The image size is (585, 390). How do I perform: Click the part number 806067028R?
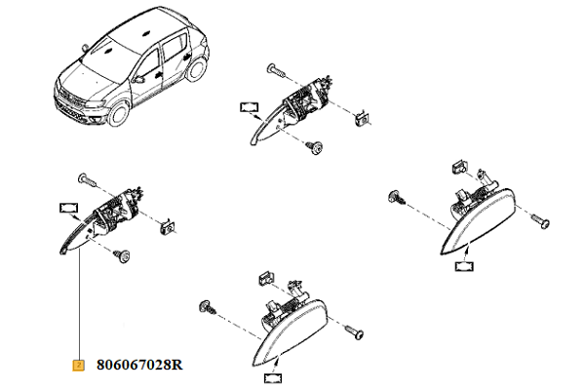coord(139,365)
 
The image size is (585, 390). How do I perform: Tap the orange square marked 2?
coord(78,365)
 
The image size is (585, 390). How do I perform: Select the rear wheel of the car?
coord(196,68)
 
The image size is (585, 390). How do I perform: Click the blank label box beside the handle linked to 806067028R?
coord(69,208)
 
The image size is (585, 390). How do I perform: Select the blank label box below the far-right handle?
coord(464,266)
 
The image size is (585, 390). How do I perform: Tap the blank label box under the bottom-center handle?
coord(273,378)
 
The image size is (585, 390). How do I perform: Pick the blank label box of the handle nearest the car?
coord(249,107)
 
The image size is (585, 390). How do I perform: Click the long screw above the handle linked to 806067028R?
coord(88,180)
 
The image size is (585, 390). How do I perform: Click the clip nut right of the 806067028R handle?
coord(168,226)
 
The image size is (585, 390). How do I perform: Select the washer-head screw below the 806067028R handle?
coord(122,256)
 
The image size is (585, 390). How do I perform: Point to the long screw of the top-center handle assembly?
coord(277,70)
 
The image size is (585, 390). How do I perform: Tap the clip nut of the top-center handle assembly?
coord(362,119)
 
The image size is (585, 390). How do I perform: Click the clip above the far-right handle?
coord(458,167)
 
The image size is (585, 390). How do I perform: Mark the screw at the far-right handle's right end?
coord(539,221)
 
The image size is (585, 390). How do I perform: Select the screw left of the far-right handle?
coord(397,197)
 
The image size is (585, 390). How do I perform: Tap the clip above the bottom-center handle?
coord(266,278)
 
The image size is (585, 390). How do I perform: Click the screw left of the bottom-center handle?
coord(209,307)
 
